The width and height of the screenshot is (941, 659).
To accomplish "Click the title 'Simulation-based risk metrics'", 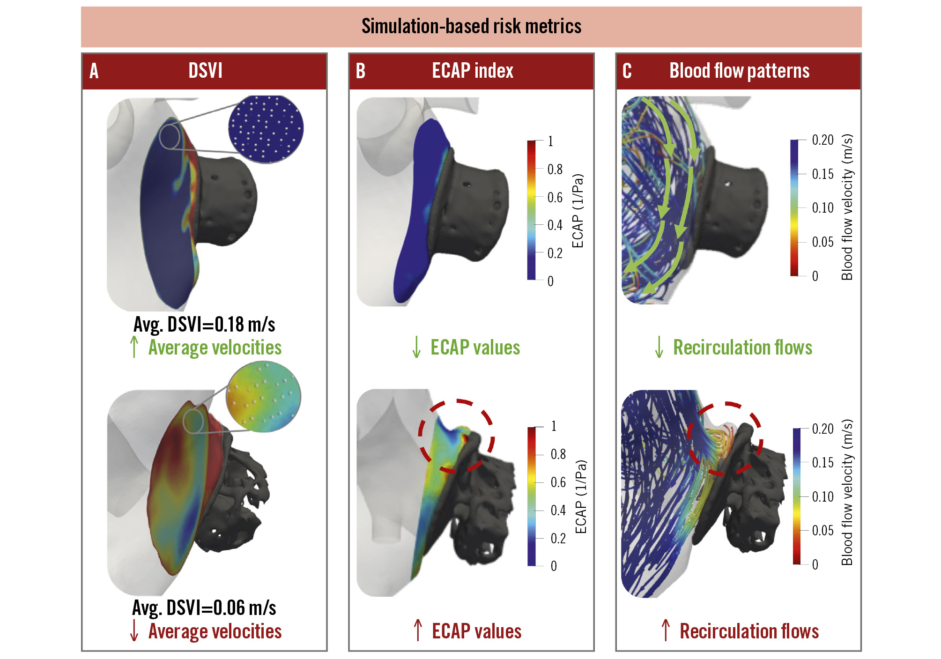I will [x=471, y=26].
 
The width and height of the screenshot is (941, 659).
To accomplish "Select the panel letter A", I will [x=94, y=71].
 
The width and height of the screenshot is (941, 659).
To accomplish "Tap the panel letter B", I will [x=360, y=71].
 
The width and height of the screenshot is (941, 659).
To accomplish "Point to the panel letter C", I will [x=627, y=71].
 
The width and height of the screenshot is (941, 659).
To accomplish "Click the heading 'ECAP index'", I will [x=472, y=71].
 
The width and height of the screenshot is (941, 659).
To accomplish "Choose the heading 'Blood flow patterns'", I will [x=739, y=71].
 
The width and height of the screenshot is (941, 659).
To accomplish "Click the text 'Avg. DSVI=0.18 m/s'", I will [x=204, y=324].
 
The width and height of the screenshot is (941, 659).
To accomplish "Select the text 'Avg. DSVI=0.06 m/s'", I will [x=204, y=608].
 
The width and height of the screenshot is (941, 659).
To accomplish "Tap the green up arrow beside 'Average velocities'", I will [x=134, y=347].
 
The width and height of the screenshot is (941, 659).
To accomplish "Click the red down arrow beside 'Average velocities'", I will [x=134, y=630].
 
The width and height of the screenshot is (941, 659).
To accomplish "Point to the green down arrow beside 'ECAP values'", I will [x=416, y=347].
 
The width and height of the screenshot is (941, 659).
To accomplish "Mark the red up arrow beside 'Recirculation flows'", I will [x=666, y=630].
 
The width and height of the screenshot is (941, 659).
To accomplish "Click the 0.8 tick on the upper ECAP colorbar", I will [x=555, y=169].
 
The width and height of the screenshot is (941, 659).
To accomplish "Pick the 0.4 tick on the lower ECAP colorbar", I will [x=558, y=510].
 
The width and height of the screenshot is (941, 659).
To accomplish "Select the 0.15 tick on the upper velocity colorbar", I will [x=822, y=174].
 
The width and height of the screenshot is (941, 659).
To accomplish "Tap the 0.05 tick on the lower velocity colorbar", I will [x=822, y=531].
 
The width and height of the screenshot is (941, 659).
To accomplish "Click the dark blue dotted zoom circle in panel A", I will [x=266, y=129].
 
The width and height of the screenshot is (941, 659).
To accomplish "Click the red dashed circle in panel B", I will [x=456, y=436].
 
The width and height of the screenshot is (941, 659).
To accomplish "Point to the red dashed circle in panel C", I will [x=724, y=438].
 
